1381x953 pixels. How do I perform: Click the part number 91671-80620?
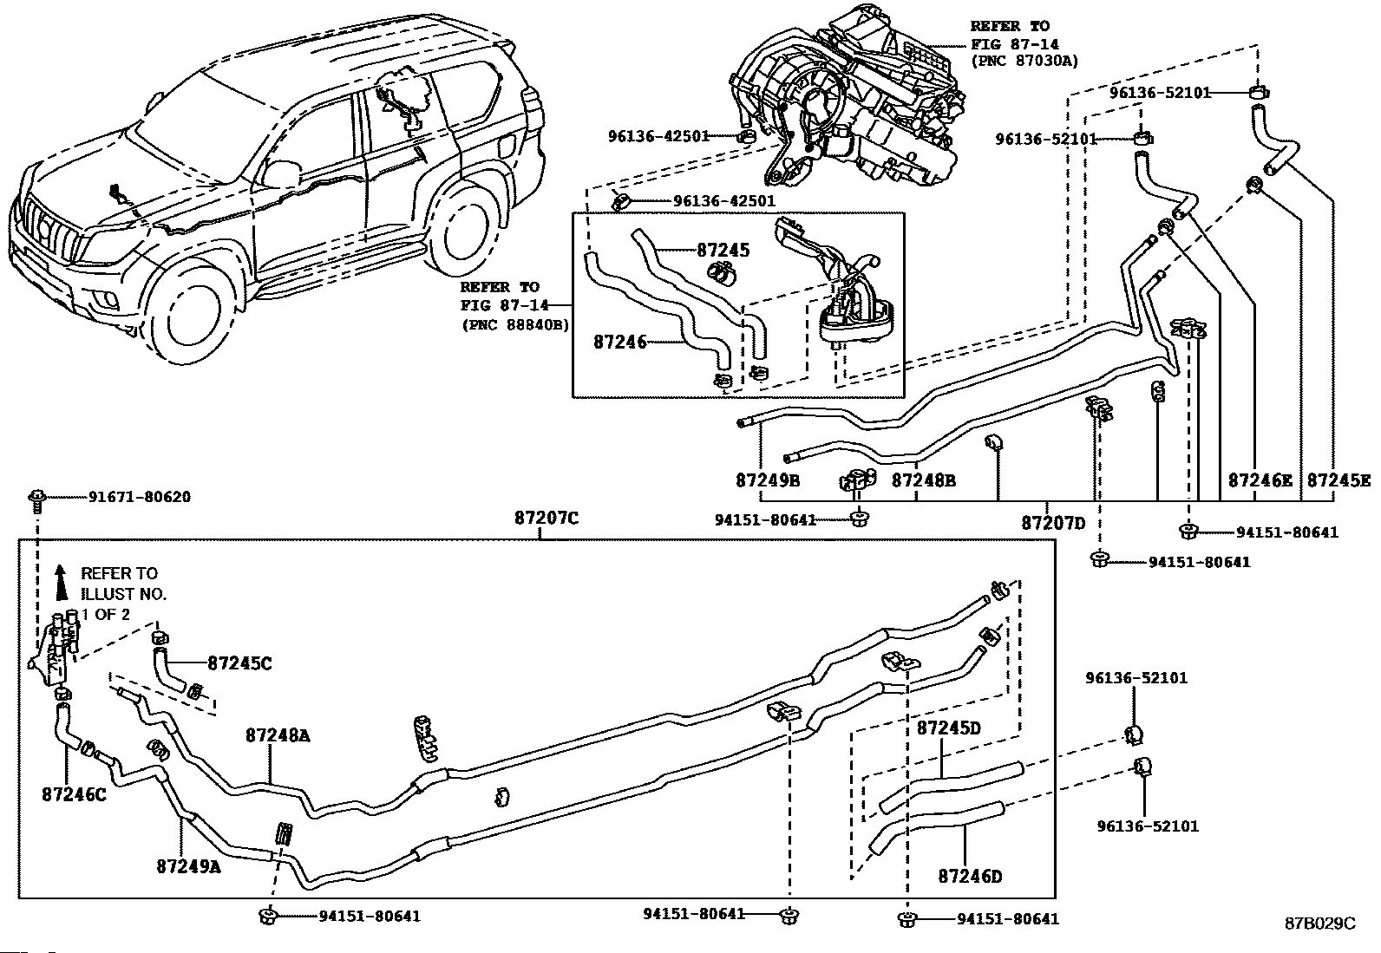140,497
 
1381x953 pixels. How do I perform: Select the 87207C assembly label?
547,519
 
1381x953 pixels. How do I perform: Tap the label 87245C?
239,663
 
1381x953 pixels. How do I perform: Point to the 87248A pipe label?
278,735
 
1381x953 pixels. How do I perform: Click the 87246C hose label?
74,794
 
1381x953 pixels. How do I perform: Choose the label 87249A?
188,866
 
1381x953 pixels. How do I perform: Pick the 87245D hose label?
948,728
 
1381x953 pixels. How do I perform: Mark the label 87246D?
971,876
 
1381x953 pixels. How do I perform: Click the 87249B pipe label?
768,480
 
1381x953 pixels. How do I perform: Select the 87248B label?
924,480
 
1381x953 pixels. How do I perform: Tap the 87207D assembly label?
1053,524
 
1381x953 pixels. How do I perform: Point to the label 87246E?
1260,480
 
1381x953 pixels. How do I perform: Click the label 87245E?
1339,480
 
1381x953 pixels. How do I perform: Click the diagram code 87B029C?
1320,923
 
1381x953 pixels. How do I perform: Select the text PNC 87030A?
1029,62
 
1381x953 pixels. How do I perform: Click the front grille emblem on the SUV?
43,228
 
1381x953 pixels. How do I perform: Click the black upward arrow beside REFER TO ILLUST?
61,582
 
